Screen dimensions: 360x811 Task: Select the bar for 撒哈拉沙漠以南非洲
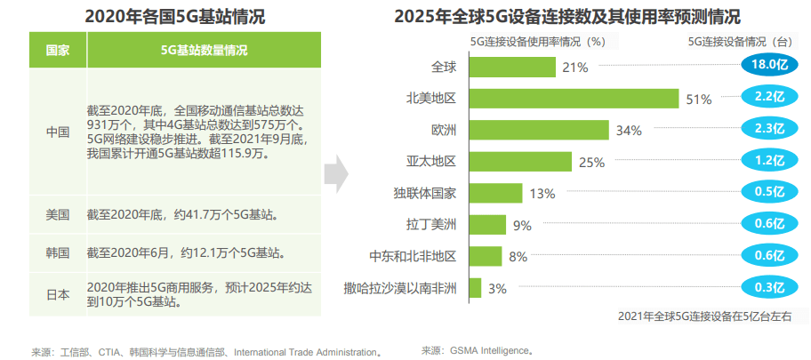(473, 288)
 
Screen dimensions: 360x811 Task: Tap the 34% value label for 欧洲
(629, 131)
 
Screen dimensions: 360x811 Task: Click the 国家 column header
(58, 50)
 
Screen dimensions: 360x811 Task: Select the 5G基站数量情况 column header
(204, 50)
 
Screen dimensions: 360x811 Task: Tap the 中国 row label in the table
(58, 132)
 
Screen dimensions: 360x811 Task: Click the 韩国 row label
(58, 252)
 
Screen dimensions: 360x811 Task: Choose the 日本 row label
(58, 294)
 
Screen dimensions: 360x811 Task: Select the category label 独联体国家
(424, 193)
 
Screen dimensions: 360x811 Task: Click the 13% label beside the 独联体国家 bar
(542, 194)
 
